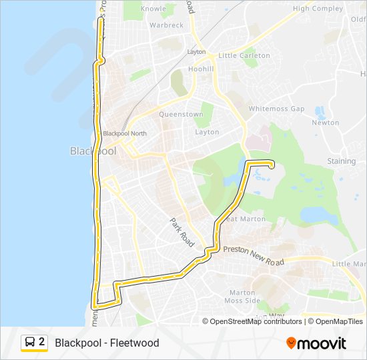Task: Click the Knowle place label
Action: pos(153,9)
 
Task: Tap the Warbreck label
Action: pos(166,25)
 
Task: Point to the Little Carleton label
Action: pos(244,55)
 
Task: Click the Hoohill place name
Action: pos(201,69)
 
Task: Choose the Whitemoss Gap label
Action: pos(276,109)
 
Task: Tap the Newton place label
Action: pos(326,123)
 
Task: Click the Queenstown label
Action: pos(181,114)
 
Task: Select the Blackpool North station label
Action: pos(125,133)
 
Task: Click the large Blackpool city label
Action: pos(93,151)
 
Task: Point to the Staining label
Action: pos(342,161)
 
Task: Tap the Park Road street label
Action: pos(181,233)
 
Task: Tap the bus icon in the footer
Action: pos(29,343)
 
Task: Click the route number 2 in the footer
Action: pos(42,343)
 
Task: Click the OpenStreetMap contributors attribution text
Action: pos(256,321)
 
